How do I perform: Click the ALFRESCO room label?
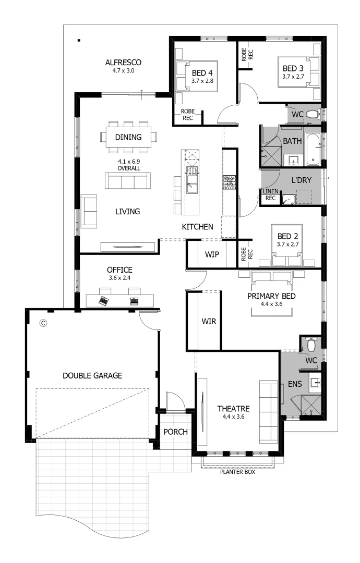pyautogui.click(x=123, y=63)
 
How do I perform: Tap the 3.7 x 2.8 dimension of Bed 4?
pyautogui.click(x=202, y=81)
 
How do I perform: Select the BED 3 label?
pyautogui.click(x=293, y=68)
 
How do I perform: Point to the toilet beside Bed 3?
pyautogui.click(x=312, y=114)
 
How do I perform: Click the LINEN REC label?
pyautogui.click(x=270, y=195)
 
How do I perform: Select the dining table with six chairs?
pyautogui.click(x=128, y=138)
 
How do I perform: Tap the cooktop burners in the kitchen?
pyautogui.click(x=229, y=182)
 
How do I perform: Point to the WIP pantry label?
pyautogui.click(x=212, y=254)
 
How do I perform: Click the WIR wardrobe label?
pyautogui.click(x=209, y=321)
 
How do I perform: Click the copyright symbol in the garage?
pyautogui.click(x=44, y=323)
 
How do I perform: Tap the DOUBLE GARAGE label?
pyautogui.click(x=92, y=375)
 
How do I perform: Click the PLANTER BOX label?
pyautogui.click(x=238, y=473)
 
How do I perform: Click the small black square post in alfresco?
pyautogui.click(x=78, y=40)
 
